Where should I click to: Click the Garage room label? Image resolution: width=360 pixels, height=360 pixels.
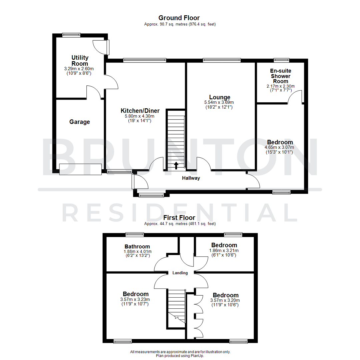[80, 122]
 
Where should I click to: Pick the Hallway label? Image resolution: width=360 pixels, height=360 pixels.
[191, 178]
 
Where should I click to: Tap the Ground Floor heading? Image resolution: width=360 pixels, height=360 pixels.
[179, 18]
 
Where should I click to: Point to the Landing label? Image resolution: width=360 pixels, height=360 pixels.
[180, 273]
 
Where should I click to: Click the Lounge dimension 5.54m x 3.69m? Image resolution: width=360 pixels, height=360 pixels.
[219, 102]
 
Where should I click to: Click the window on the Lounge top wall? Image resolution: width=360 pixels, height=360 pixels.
[222, 60]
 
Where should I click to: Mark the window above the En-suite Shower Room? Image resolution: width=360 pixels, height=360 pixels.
[281, 60]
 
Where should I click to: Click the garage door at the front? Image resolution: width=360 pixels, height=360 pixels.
[80, 169]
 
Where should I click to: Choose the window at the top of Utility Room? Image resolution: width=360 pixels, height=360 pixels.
[71, 34]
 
